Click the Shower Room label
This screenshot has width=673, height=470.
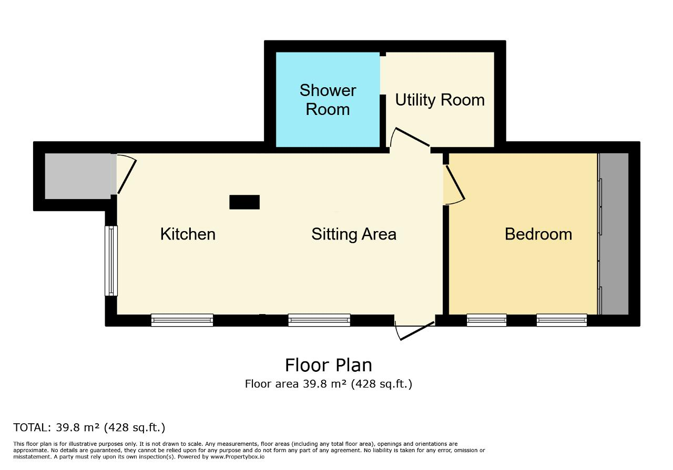click(x=328, y=100)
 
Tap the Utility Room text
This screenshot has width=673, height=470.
click(x=440, y=100)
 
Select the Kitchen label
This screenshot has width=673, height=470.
click(x=188, y=234)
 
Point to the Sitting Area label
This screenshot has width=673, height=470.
click(x=354, y=234)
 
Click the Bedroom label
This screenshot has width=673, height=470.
click(x=538, y=234)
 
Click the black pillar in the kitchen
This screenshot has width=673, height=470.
click(x=244, y=202)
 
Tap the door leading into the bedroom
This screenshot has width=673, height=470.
click(x=455, y=183)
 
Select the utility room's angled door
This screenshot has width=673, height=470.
click(x=412, y=137)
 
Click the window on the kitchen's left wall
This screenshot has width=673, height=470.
click(x=111, y=261)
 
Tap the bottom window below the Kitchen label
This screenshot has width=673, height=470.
click(x=182, y=320)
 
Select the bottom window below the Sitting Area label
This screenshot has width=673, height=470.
click(x=319, y=320)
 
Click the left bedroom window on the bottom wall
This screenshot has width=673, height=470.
click(x=486, y=320)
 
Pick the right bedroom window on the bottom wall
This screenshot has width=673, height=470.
click(x=562, y=320)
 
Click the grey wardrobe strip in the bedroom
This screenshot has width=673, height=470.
click(x=614, y=234)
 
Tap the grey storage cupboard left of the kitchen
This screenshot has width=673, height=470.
click(x=78, y=176)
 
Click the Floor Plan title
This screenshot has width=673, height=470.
click(x=329, y=365)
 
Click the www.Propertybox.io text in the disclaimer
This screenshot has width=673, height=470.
click(x=237, y=457)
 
